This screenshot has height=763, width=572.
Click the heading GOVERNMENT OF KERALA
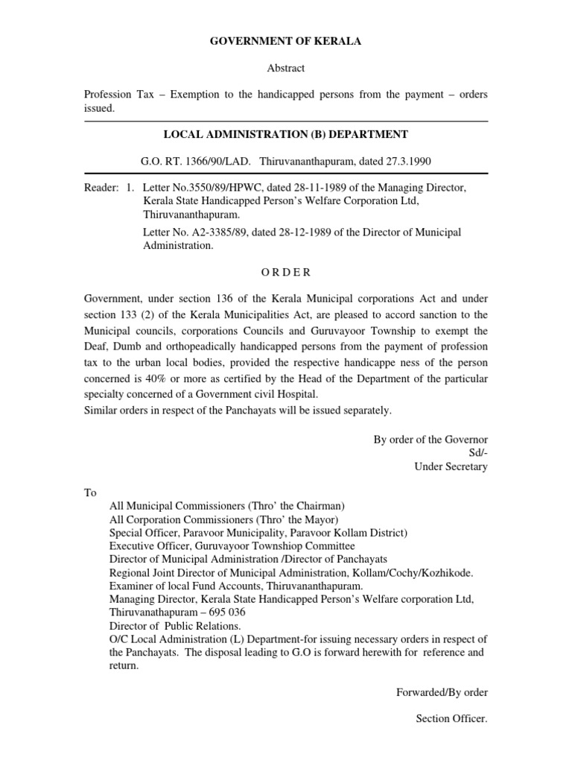[x=286, y=42]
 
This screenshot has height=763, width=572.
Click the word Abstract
[x=286, y=68]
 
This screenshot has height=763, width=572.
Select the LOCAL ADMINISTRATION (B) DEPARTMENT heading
[x=286, y=134]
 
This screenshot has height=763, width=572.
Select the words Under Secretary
[x=451, y=466]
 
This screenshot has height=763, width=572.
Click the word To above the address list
[x=90, y=493]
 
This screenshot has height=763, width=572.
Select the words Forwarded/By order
[x=442, y=692]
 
